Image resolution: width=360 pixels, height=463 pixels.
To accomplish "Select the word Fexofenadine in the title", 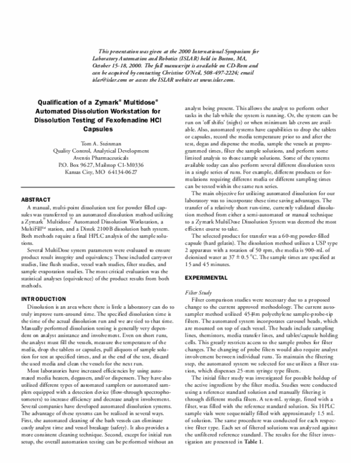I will coord(121,119).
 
